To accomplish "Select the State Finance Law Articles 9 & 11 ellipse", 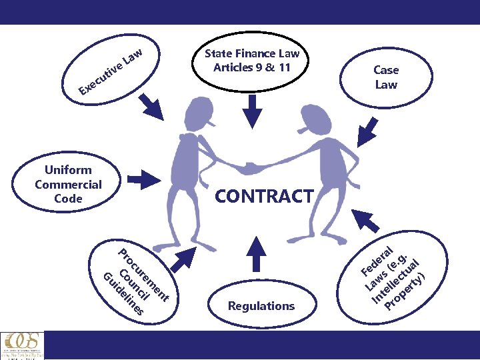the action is [x=252, y=61].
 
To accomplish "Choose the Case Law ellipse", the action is [x=386, y=77].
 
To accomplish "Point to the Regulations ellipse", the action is [x=261, y=306].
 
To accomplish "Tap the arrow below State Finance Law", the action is [x=252, y=111].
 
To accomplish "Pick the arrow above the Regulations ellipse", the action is [x=251, y=251].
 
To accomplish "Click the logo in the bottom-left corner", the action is [x=21, y=345].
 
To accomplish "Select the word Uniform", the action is [x=68, y=170].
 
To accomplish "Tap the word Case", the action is [x=386, y=70].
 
